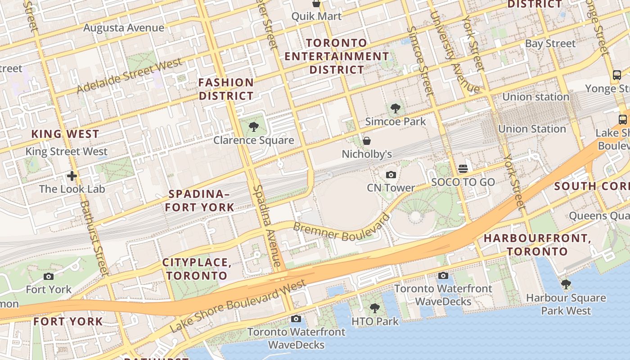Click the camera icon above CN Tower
pos(391,175)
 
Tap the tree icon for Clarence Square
pos(254,126)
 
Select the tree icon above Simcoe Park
pos(396,108)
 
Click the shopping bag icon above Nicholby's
pos(367,141)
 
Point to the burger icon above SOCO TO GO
pos(463,169)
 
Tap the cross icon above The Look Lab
pos(72,175)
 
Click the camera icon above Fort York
pos(49,276)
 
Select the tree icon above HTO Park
pos(374,308)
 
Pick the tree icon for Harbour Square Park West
pos(566,284)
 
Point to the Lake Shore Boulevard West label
pos(238,306)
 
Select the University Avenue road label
pos(454,52)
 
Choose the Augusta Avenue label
pos(124,28)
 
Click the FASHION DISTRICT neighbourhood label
pos(226,89)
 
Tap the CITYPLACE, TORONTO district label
pos(197,269)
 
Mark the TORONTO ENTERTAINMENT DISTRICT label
pos(337,56)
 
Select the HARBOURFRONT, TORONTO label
pos(537,245)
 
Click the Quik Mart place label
pos(316,16)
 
